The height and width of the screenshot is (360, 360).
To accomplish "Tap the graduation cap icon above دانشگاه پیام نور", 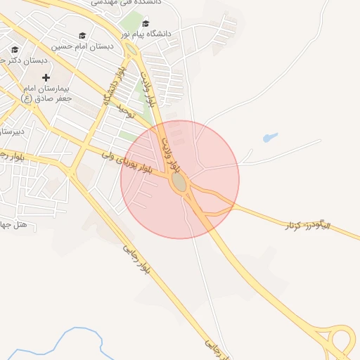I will click(146, 22).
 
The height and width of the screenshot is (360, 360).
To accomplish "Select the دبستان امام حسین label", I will click(82, 46).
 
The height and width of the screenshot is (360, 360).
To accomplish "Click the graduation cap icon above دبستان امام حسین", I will click(82, 35).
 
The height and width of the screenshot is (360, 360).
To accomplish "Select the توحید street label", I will click(125, 110).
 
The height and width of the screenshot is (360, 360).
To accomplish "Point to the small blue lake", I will click(270, 138).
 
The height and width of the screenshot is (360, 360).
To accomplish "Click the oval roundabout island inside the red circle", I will click(179, 181).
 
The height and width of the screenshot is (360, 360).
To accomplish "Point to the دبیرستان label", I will click(13, 130).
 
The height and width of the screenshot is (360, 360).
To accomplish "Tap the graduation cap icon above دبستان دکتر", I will click(15, 49).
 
